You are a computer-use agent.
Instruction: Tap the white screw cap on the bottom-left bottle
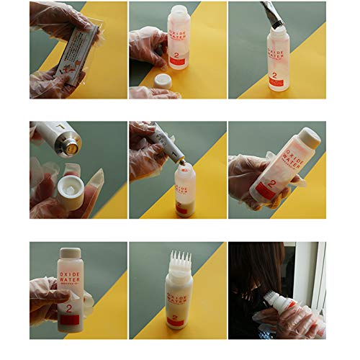click(x=71, y=254)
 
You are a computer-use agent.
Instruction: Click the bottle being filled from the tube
click(x=184, y=191)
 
